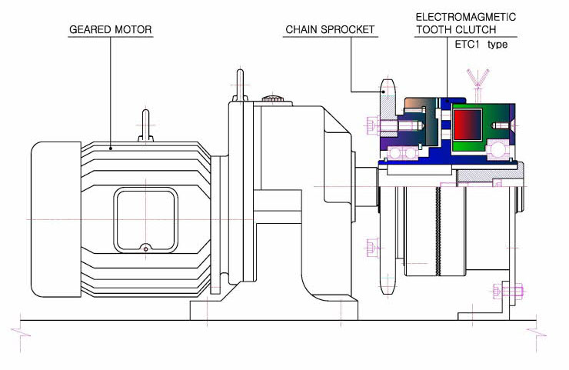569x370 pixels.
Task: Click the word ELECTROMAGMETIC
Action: point(465,17)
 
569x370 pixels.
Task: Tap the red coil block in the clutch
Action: point(468,124)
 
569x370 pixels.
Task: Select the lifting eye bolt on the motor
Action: point(145,125)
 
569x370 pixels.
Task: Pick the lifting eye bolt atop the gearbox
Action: point(240,85)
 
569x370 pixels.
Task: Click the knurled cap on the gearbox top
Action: point(272,98)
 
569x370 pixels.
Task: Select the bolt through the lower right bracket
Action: point(508,291)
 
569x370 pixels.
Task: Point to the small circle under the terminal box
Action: point(146,249)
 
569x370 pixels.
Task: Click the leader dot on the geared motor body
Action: point(111,148)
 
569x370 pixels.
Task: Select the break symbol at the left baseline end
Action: point(21,333)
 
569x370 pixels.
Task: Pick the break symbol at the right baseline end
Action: point(537,333)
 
